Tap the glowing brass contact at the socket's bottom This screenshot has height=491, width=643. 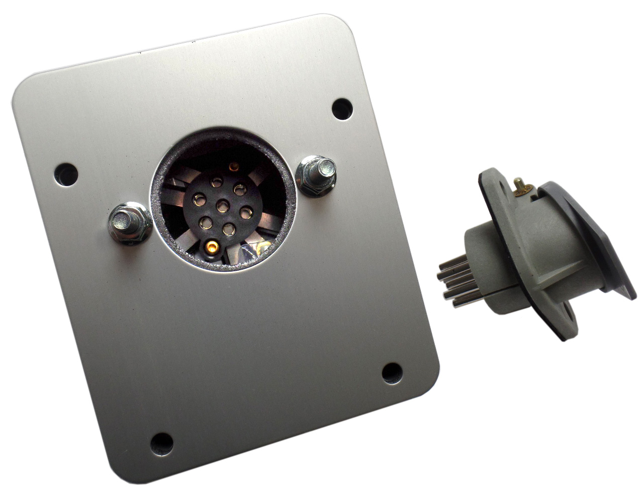[x=212, y=247]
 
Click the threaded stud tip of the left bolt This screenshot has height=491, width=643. [x=121, y=218]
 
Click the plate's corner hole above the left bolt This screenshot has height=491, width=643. [x=66, y=174]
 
